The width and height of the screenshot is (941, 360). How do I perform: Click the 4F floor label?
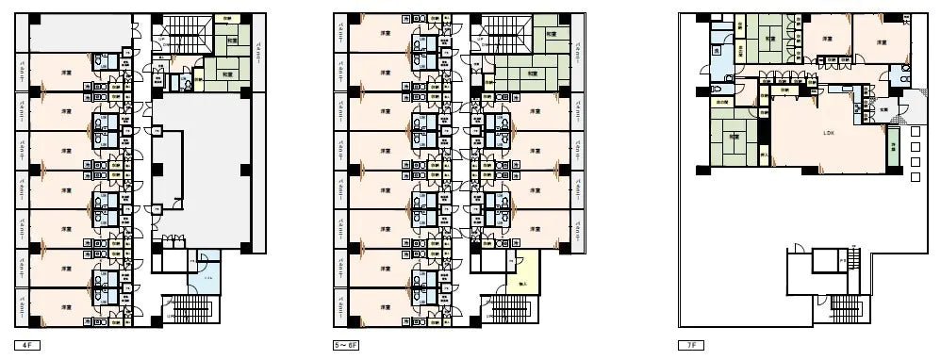(x=26, y=346)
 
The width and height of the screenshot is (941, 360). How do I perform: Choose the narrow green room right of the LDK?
(x=892, y=147)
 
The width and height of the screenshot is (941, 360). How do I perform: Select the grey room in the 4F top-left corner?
(x=79, y=34)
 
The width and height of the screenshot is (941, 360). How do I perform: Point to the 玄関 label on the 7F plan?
(x=883, y=109)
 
